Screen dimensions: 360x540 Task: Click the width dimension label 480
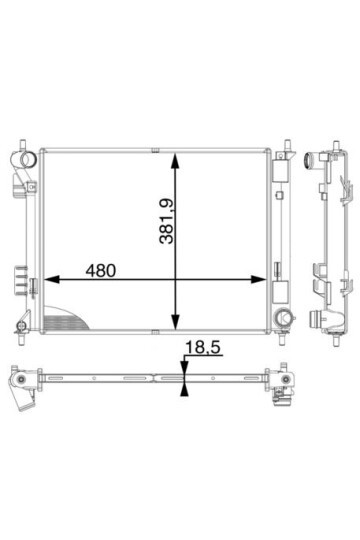[101, 271]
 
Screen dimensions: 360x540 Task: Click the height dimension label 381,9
[167, 221]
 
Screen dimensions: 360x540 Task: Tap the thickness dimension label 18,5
[202, 347]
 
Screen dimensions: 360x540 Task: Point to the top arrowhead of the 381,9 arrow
[176, 161]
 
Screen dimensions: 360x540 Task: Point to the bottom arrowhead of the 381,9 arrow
[176, 321]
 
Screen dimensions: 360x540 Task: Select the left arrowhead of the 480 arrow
[52, 279]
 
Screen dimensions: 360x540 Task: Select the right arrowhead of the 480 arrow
[258, 279]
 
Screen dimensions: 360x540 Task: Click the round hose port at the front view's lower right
[284, 316]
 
